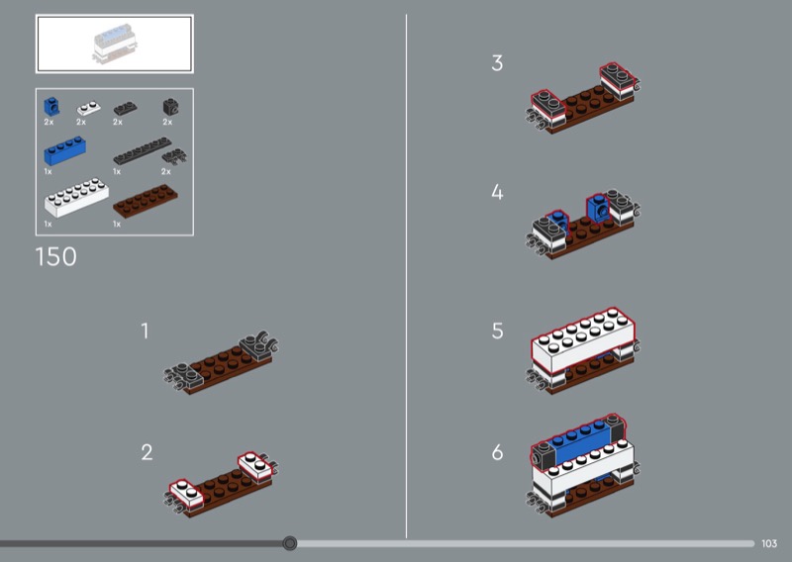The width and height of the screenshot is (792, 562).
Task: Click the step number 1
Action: coord(145,331)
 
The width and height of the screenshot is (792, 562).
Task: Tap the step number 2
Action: coord(147,452)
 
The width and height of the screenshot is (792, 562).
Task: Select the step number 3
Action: coord(498,63)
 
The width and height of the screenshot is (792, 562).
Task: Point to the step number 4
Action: coord(498,192)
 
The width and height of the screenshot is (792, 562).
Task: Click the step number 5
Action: coord(498,331)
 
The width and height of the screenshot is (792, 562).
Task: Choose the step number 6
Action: coord(498,452)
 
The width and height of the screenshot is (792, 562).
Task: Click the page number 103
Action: coord(769,544)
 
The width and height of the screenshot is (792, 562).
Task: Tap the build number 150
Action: coord(56,257)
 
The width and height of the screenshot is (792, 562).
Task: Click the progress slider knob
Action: coord(290,543)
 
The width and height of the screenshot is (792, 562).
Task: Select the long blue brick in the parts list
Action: coord(64,150)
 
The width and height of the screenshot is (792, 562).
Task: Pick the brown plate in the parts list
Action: coord(145,201)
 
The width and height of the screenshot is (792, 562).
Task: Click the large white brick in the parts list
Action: coord(76,197)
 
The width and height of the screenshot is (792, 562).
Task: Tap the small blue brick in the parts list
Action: coord(51,107)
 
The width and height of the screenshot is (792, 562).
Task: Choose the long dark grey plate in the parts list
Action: coord(142,150)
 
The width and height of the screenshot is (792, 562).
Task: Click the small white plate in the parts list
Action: coord(88,108)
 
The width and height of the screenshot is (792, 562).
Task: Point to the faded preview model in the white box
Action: coord(115,44)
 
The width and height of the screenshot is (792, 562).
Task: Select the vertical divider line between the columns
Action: coord(406,276)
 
